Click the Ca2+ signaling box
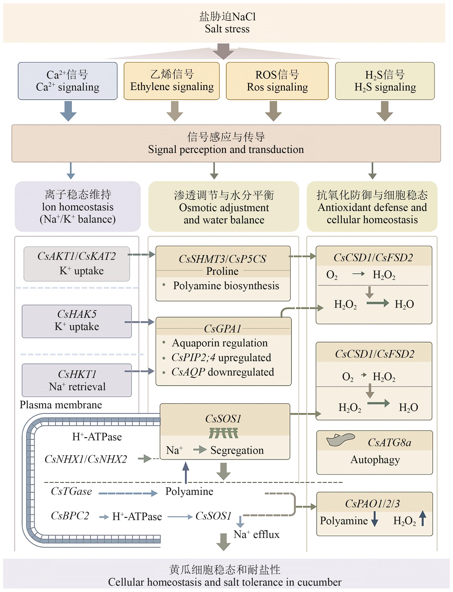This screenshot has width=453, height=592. point(68,81)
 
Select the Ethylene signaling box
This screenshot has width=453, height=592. point(171,81)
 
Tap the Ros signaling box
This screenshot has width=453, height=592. point(277,81)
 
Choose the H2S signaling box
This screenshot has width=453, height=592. point(385,81)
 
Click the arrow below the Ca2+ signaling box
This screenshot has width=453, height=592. point(68,111)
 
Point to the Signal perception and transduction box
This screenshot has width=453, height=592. point(226,143)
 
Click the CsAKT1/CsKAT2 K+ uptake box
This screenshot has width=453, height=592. point(77,264)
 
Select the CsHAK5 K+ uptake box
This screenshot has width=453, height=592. point(77,321)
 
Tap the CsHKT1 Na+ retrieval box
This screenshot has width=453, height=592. point(77,380)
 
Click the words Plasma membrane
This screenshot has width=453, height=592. point(61,405)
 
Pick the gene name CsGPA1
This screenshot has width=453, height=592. point(222,329)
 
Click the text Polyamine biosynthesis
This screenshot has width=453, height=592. point(226,286)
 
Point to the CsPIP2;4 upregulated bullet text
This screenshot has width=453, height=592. point(221,358)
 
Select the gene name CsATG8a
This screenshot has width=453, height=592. point(389,443)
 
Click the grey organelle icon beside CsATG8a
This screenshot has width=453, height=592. point(340,440)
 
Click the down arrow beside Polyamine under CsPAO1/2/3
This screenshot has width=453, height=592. point(374,519)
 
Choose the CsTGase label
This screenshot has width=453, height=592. point(71,491)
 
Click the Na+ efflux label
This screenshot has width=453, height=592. point(256,534)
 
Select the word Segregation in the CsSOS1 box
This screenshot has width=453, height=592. point(237,450)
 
